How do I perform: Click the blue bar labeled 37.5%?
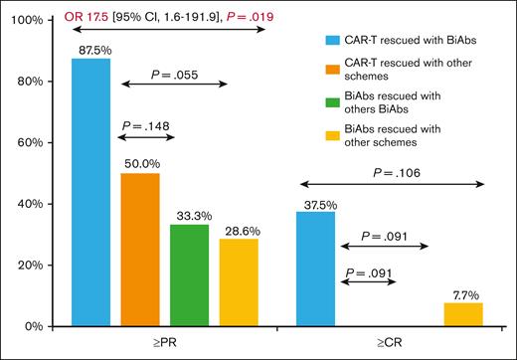(x=316, y=269)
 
